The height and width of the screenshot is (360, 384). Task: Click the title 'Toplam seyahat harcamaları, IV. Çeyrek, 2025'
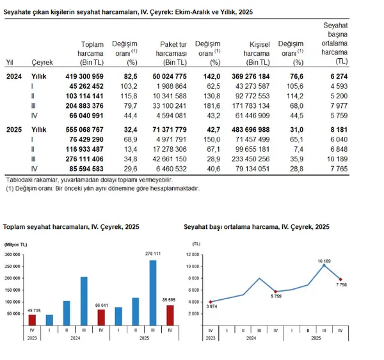point(71,227)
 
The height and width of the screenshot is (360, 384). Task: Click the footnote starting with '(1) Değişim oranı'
point(102,189)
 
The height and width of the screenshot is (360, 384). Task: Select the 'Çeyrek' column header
point(41,62)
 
